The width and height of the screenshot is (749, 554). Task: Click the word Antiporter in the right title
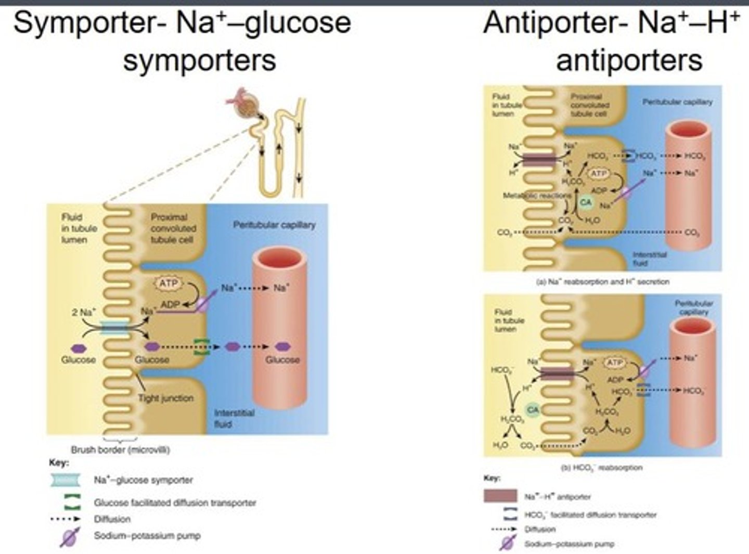click(x=551, y=23)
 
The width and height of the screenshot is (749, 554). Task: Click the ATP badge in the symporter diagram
click(x=168, y=284)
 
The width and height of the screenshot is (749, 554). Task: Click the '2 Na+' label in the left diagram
click(x=83, y=313)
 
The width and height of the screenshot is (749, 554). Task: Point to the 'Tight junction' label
click(x=165, y=398)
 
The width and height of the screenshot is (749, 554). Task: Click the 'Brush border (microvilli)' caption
click(x=120, y=450)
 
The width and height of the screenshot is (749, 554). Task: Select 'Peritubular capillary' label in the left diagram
click(x=274, y=225)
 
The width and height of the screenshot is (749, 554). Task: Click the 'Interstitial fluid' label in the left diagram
click(x=234, y=418)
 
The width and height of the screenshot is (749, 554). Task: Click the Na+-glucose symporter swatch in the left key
click(x=66, y=480)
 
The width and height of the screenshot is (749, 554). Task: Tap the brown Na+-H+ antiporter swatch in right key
click(x=500, y=496)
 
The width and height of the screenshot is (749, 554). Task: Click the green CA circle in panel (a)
click(x=586, y=202)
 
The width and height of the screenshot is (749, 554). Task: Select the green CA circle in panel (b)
click(x=533, y=410)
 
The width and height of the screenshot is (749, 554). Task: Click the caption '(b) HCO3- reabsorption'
click(x=601, y=468)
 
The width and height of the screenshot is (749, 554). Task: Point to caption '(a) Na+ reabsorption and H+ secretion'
click(x=602, y=281)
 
